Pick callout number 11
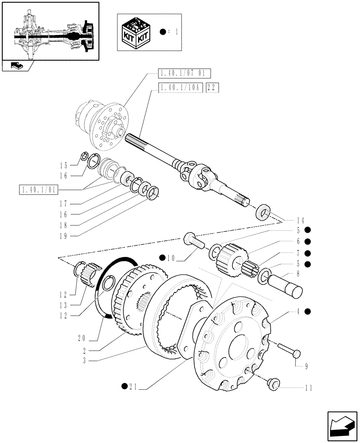tap(308, 388)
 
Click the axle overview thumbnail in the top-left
tap(50, 31)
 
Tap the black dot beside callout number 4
tap(307, 311)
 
